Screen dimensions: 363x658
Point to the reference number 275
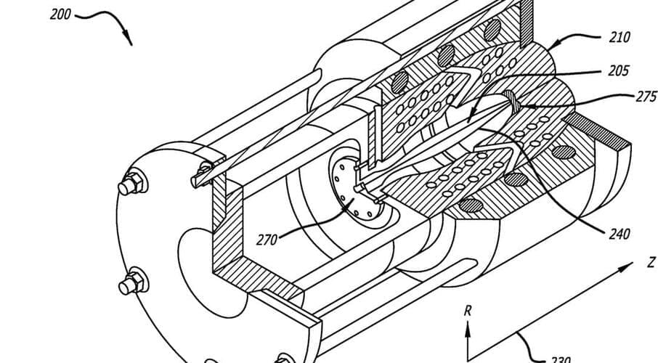point(645,97)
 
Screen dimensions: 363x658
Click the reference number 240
point(618,234)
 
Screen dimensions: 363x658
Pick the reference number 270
point(267,239)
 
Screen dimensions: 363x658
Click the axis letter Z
point(651,261)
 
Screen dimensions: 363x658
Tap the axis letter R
point(468,311)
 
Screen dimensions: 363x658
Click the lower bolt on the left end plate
point(133,280)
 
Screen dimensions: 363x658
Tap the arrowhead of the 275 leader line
point(523,107)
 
